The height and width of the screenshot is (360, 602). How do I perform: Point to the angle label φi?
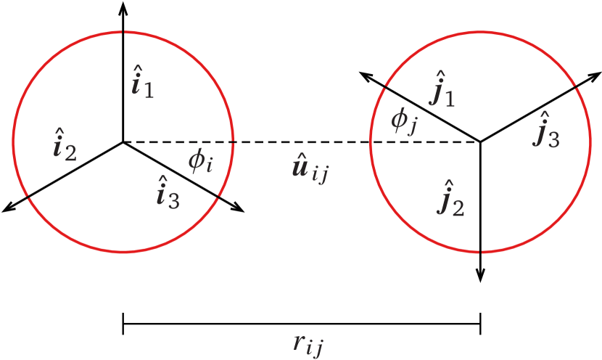point(200,162)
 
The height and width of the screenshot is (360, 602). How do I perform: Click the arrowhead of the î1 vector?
point(123,7)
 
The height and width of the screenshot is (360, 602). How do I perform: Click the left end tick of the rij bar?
point(123,323)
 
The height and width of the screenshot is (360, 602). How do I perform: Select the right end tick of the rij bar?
point(481,323)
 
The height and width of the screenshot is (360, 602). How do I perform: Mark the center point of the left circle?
point(123,142)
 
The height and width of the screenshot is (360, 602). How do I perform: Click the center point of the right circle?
point(481,142)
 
